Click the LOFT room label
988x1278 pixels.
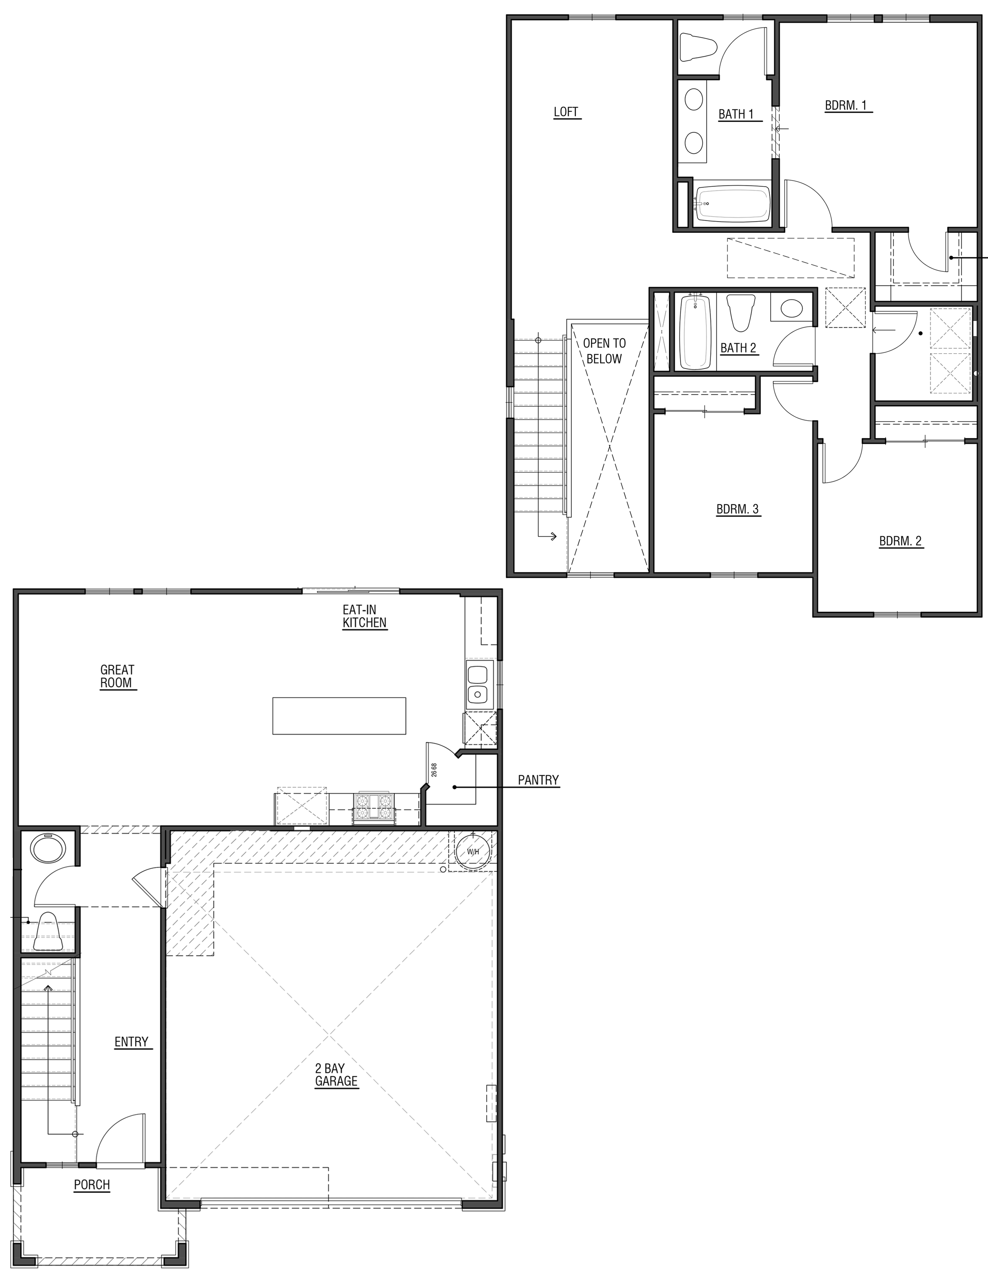[x=566, y=112]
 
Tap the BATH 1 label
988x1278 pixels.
[x=736, y=114]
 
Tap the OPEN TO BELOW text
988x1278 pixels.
[x=604, y=351]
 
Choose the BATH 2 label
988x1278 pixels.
[x=738, y=348]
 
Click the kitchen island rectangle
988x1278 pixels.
[x=339, y=715]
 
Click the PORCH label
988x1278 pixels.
[x=92, y=1185]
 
